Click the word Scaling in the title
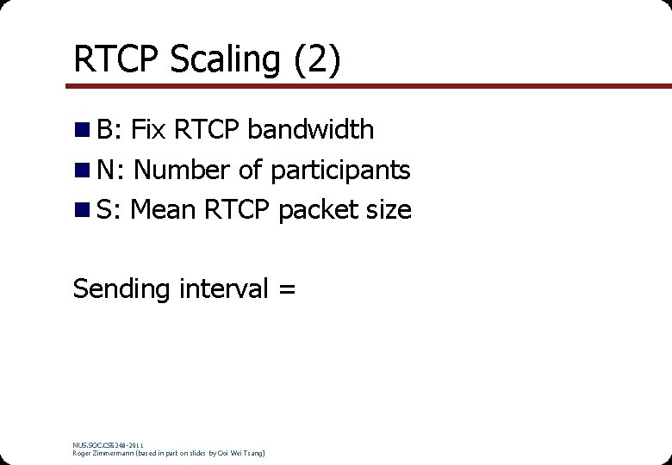pyautogui.click(x=225, y=60)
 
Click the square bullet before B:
pyautogui.click(x=81, y=131)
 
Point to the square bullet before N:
pyautogui.click(x=81, y=170)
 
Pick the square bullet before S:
pyautogui.click(x=81, y=210)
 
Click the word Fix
pyautogui.click(x=148, y=130)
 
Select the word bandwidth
pyautogui.click(x=310, y=130)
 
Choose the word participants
pyautogui.click(x=340, y=170)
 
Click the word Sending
pyautogui.click(x=122, y=288)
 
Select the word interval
pyautogui.click(x=224, y=288)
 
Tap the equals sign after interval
pyautogui.click(x=287, y=289)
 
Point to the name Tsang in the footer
pyautogui.click(x=251, y=453)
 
